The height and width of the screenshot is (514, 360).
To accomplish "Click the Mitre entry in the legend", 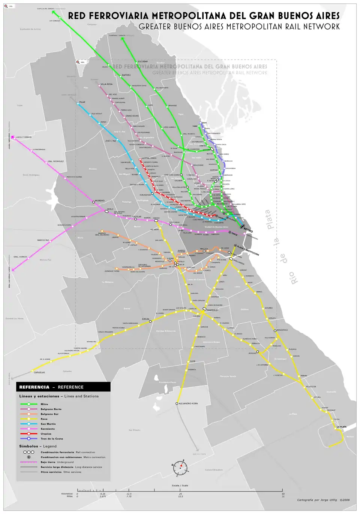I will (44, 404).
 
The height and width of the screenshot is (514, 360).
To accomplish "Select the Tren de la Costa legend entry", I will (51, 439).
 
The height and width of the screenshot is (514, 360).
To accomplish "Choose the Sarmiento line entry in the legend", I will (48, 429).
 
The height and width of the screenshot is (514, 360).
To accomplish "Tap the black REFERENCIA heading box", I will (63, 387).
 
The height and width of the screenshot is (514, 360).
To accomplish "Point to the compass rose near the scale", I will (180, 467).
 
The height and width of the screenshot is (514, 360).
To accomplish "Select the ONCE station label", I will (234, 234).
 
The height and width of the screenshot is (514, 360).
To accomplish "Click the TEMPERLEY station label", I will (212, 310).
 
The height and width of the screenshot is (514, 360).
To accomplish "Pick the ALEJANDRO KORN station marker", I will (177, 403).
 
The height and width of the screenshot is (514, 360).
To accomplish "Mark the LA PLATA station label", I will (341, 427).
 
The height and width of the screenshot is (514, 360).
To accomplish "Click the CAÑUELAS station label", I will (39, 372).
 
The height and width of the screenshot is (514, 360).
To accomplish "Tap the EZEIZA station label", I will (145, 319).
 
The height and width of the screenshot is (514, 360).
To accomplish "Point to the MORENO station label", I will (100, 200).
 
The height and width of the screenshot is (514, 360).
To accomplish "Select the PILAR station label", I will (82, 102).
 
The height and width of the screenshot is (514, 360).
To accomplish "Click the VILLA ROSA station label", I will (106, 84).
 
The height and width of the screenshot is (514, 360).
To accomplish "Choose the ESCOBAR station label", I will (143, 61).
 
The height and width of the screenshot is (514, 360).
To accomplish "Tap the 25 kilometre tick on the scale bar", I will (180, 494).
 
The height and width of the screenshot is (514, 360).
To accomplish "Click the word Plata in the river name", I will (267, 220).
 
